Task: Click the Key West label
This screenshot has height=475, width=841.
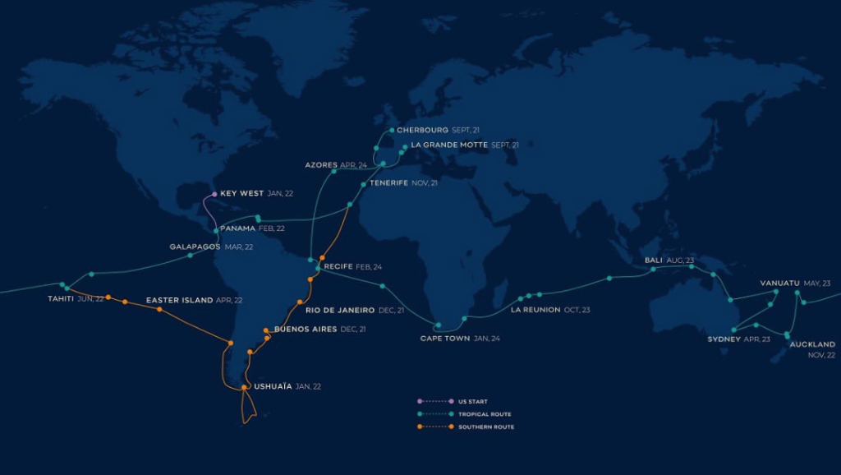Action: pos(241,194)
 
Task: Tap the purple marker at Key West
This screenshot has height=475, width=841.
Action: pos(214,195)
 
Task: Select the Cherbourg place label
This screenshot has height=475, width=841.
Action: pos(422,130)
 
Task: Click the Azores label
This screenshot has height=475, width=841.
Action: pos(321,165)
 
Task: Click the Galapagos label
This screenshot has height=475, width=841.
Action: pos(195,247)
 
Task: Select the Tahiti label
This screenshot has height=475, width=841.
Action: pos(61,299)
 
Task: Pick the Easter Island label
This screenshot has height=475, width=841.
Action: pos(179,301)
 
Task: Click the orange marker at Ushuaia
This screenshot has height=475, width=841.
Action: pos(244,387)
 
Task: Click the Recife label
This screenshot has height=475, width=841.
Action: pos(338,267)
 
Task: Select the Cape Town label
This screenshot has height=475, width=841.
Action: pos(444,338)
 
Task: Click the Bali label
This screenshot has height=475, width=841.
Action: pos(654,260)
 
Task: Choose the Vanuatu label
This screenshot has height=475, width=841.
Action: pos(779,284)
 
